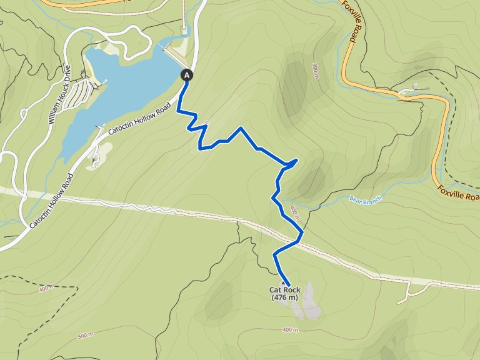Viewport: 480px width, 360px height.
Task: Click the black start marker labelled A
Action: point(186,75)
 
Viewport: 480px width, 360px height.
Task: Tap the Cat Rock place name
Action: point(285,289)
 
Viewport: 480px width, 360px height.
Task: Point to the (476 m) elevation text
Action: point(285,297)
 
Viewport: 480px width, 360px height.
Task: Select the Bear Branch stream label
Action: point(365,199)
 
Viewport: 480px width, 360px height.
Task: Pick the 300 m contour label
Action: point(316,70)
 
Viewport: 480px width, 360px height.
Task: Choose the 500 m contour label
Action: point(85,336)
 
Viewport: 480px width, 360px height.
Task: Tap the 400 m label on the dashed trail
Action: point(46,289)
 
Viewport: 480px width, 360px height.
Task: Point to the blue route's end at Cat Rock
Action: point(288,285)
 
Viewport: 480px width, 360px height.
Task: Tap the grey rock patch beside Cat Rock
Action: point(308,303)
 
